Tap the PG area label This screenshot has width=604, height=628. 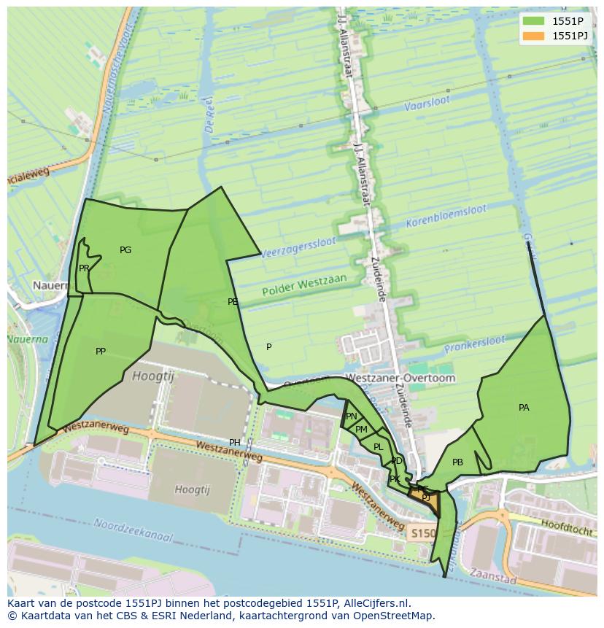pos(125,250)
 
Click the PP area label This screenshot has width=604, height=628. pos(101,352)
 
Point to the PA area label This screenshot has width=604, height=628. pos(524,408)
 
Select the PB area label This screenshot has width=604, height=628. pos(457,462)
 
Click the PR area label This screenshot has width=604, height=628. pos(84,268)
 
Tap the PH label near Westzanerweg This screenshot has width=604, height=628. pos(235,443)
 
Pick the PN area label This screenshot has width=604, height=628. pos(352,416)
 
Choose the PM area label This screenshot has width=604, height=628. pos(361,430)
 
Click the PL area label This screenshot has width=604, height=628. pos(378,447)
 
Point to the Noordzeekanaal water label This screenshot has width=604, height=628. pos(133,530)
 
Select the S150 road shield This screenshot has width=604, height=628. pos(422,534)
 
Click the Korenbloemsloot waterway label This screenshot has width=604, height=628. pos(446,214)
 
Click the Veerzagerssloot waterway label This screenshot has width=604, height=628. pos(298,246)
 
